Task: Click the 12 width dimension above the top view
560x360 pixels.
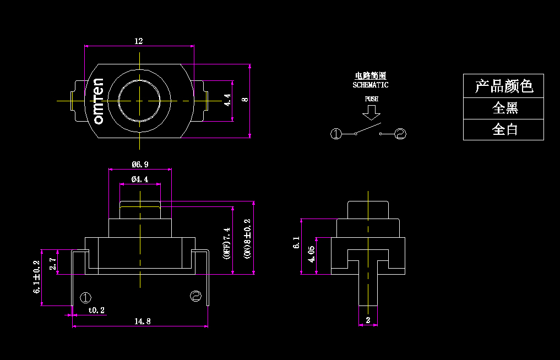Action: tap(139, 41)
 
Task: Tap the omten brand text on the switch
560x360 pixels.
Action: tap(99, 101)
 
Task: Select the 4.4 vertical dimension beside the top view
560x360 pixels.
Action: tap(227, 100)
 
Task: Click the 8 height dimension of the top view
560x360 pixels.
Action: tap(245, 100)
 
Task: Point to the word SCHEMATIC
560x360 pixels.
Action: tap(371, 85)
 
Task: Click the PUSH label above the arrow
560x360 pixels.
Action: tap(372, 99)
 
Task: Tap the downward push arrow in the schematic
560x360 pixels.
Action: tap(372, 113)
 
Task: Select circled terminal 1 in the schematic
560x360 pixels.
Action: tap(336, 133)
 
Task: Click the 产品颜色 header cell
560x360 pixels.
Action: tap(503, 86)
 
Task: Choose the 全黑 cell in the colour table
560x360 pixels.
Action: tap(503, 108)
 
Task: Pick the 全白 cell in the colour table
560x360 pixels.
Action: tap(503, 129)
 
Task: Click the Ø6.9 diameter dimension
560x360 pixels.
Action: tap(140, 165)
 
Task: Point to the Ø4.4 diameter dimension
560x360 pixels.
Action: tap(140, 179)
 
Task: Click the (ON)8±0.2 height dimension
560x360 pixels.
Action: tap(247, 238)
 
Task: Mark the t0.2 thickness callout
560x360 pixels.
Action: tap(96, 310)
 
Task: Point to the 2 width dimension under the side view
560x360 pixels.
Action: tap(368, 319)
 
